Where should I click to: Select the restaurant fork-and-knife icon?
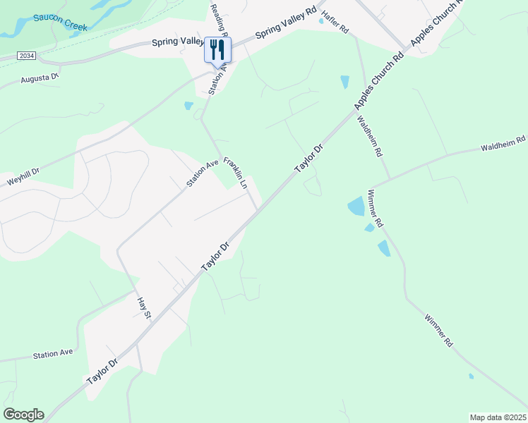(217, 49)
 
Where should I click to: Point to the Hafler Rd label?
(335, 23)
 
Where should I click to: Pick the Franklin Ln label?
(235, 173)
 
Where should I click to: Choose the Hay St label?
(143, 307)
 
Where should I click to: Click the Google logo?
(23, 415)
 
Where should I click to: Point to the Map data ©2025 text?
(497, 417)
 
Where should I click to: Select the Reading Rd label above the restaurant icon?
(217, 18)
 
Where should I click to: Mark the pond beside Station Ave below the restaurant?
(188, 106)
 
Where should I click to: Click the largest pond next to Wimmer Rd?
(356, 207)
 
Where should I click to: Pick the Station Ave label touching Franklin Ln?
(203, 173)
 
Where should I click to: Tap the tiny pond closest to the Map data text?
(471, 376)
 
